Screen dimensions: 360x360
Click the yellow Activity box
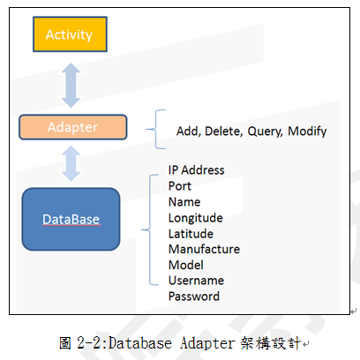[70, 34]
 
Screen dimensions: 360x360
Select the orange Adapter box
[73, 127]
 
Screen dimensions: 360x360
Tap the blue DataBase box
[71, 219]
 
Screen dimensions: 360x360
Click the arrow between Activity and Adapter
[71, 85]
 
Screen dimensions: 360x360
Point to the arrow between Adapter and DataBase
[71, 163]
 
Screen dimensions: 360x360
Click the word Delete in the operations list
[224, 131]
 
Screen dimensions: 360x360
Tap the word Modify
[307, 131]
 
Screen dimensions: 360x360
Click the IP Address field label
[196, 170]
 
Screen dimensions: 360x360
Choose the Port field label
[180, 186]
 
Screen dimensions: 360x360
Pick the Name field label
[184, 202]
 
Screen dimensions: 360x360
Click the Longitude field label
[196, 218]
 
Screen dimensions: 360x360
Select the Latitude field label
[191, 234]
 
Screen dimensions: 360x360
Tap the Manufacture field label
[204, 249]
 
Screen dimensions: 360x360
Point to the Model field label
[186, 265]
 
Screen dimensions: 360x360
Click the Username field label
[196, 281]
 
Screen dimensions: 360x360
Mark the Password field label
[194, 296]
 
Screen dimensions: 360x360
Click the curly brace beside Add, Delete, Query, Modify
[155, 129]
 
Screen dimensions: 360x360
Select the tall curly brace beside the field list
[150, 229]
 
